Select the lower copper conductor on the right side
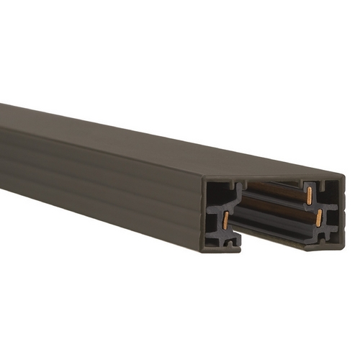click(316, 217)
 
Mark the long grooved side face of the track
click(108, 180)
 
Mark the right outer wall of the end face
click(343, 209)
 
